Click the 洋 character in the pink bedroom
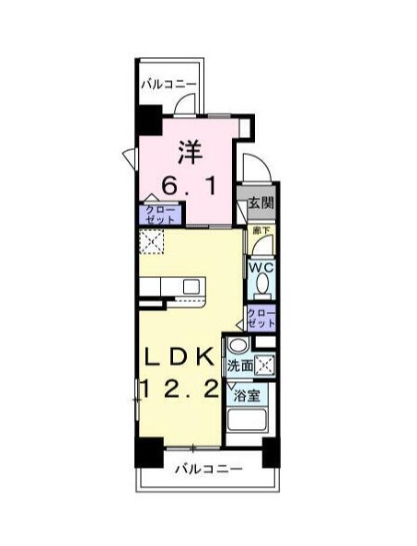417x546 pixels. pos(190,149)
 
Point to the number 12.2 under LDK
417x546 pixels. pos(180,390)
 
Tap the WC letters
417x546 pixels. pos(260,268)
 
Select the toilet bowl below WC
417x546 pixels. pos(261,285)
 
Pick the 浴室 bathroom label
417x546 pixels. pos(246,397)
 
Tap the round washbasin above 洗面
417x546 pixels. pos(238,345)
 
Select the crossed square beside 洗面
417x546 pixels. pos(265,366)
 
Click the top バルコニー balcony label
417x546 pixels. pos(168,85)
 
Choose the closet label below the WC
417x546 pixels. pos(262,319)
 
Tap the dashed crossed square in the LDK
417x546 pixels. pos(151,242)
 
